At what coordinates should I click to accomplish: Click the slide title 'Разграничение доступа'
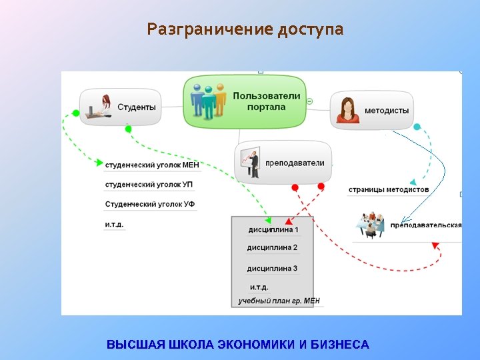click(x=245, y=30)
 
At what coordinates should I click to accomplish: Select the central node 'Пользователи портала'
click(x=266, y=101)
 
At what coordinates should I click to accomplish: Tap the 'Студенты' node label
click(x=137, y=107)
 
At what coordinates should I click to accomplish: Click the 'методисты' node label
click(x=387, y=111)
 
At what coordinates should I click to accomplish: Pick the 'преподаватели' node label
click(x=295, y=163)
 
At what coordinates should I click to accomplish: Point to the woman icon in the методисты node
click(x=347, y=110)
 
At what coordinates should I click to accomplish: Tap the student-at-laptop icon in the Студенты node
click(x=100, y=107)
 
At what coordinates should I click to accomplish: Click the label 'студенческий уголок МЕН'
click(x=152, y=164)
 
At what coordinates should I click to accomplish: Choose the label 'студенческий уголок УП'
click(x=149, y=184)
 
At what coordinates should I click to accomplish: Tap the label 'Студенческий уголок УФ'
click(x=150, y=204)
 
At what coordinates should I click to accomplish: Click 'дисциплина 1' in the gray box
click(x=273, y=230)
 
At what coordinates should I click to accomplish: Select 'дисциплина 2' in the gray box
click(x=272, y=248)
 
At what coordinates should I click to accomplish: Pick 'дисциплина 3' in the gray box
click(x=272, y=269)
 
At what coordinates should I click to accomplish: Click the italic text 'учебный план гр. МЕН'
click(x=279, y=301)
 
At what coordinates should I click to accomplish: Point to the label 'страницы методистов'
click(x=389, y=190)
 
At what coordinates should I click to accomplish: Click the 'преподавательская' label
click(x=426, y=225)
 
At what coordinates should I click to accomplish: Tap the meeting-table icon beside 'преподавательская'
click(x=370, y=225)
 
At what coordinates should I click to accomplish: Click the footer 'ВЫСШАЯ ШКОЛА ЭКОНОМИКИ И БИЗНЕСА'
click(x=238, y=345)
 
